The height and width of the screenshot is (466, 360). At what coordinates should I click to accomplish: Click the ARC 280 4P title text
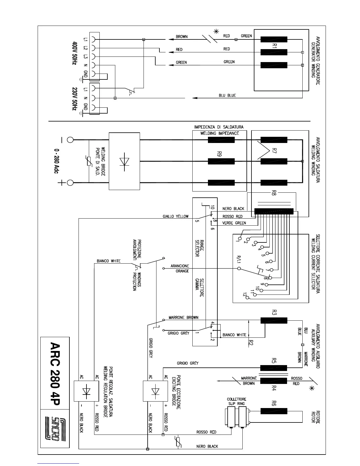coord(55,373)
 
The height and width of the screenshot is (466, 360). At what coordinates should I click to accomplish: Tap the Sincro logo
coord(55,428)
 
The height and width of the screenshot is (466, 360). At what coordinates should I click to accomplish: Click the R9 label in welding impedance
coord(219,154)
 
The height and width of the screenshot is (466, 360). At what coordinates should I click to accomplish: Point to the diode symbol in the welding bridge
coord(124,162)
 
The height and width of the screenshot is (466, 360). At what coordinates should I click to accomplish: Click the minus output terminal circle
coord(70,140)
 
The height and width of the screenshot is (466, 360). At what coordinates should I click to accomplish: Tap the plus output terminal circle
coord(70,183)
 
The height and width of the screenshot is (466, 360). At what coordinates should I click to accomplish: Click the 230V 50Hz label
coord(74,99)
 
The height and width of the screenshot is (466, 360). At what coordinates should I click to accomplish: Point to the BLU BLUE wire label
coord(227,95)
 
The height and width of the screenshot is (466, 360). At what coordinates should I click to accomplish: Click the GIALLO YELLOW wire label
coord(176,217)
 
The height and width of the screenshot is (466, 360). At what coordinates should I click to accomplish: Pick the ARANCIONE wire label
coord(180,266)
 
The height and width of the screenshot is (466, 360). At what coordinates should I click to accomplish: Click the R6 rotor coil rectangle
coord(274,411)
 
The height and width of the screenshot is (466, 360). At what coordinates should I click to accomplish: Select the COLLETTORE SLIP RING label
coord(236,401)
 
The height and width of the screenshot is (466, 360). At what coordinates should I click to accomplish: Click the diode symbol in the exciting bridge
coord(155,391)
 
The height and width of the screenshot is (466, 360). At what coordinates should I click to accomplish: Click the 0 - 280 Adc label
coord(56,161)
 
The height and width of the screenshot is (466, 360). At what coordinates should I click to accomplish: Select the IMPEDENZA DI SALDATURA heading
coord(219,127)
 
